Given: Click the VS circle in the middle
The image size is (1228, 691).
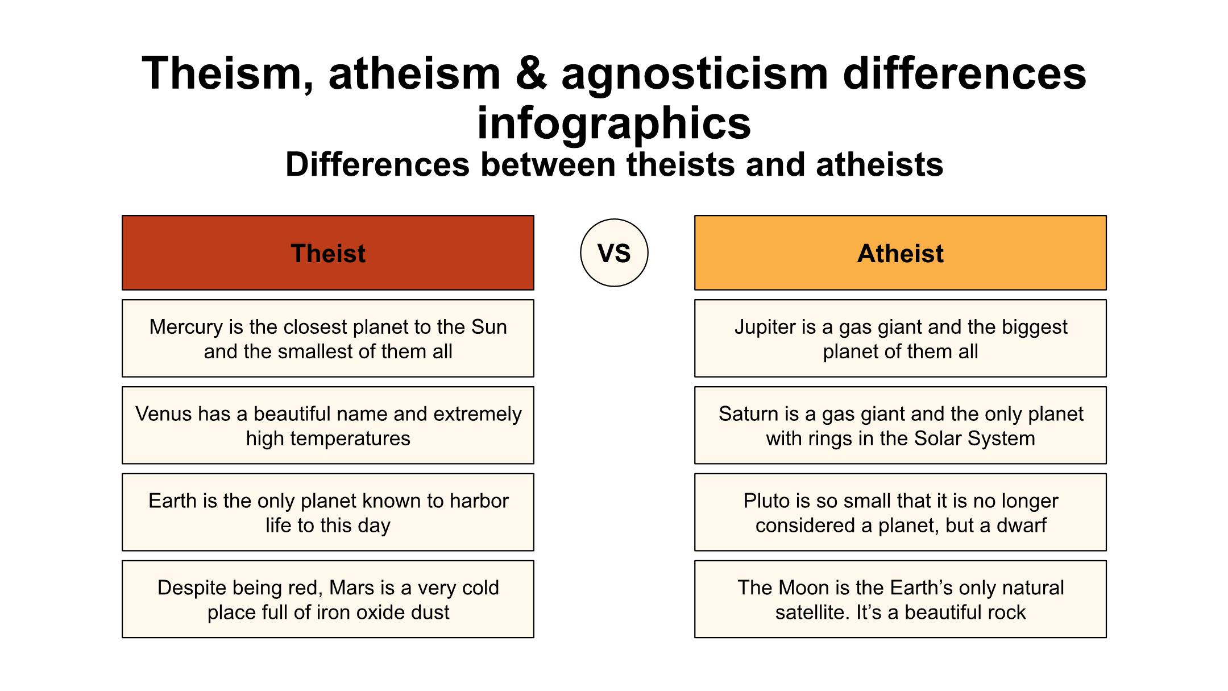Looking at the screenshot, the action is tap(614, 253).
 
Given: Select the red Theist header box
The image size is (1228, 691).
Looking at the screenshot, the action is tap(328, 253).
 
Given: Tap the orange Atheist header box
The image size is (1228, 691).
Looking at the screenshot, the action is tap(901, 253).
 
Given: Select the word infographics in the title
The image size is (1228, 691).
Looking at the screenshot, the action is tap(614, 123).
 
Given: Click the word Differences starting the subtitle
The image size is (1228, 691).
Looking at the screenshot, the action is tap(377, 165).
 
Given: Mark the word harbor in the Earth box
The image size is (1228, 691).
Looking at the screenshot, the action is tap(479, 501).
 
